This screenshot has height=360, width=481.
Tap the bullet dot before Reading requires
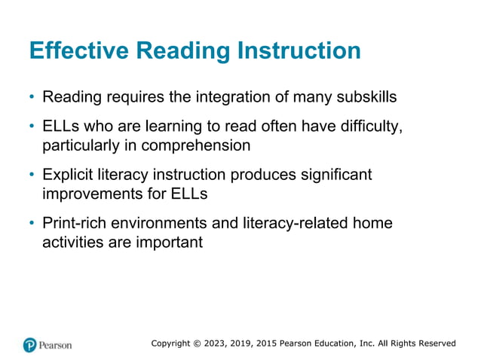click(x=32, y=98)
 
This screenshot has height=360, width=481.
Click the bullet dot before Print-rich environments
click(x=32, y=225)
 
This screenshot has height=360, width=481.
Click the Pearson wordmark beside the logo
click(x=56, y=345)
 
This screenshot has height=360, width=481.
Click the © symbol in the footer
click(x=195, y=343)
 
